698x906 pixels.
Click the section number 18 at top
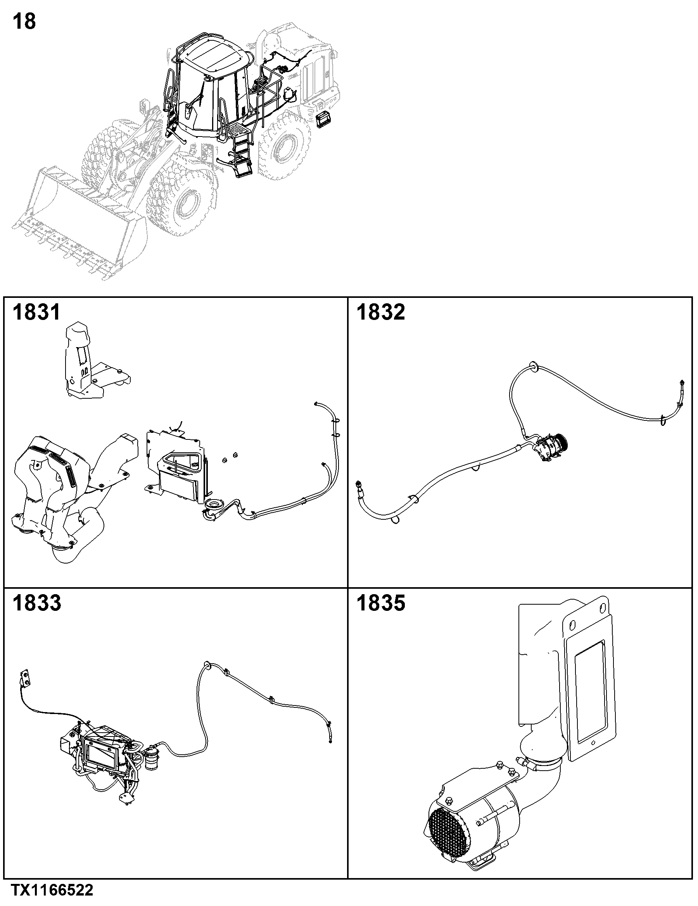24,22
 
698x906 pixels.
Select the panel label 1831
36,312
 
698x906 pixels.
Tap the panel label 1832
380,312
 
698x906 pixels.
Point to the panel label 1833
36,603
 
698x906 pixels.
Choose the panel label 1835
380,603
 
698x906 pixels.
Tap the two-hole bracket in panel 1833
25,679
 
